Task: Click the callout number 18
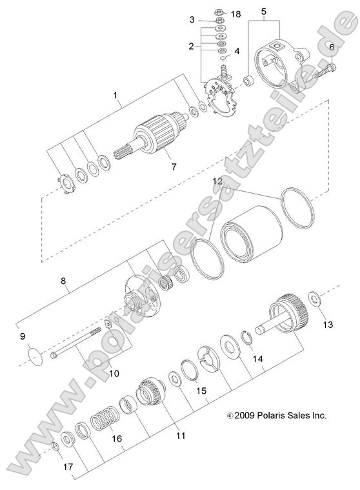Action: point(235,14)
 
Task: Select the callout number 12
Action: point(219,183)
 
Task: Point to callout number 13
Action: point(328,324)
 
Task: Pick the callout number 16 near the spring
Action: point(115,438)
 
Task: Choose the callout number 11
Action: point(181,436)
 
